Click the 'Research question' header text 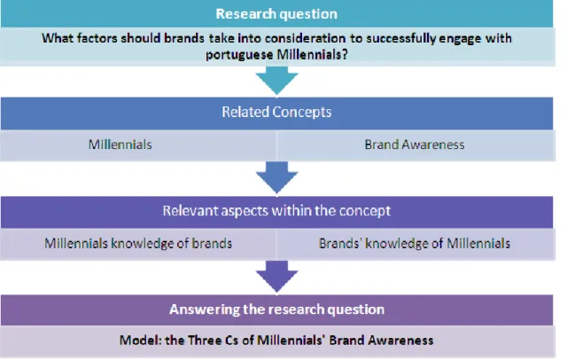point(276,14)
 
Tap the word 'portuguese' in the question point(239,55)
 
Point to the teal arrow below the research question point(277,81)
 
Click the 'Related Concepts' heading point(276,112)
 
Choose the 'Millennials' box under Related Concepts point(138,145)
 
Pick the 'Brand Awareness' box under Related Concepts point(416,145)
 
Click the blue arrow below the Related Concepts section point(277,178)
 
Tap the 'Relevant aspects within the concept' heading point(276,211)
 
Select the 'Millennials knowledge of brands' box point(138,244)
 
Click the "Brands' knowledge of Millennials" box point(416,244)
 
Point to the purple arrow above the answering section point(277,277)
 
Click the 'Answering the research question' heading point(276,309)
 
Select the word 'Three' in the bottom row point(205,340)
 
